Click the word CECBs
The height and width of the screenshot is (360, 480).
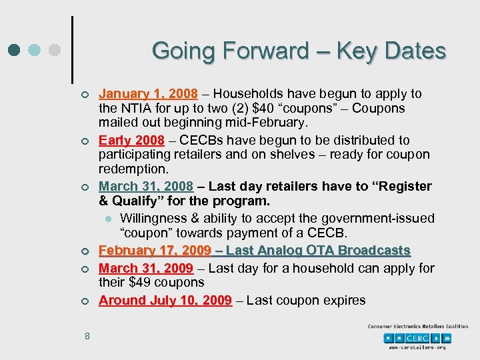coord(199,140)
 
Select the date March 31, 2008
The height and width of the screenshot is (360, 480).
coord(146,186)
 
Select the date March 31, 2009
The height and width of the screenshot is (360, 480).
coord(146,268)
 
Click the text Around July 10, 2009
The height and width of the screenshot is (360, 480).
coord(165,300)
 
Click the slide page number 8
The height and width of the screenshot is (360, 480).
coord(87,336)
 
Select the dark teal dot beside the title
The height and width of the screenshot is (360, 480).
coord(14,51)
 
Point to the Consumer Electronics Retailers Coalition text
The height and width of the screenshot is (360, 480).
coord(417,326)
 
